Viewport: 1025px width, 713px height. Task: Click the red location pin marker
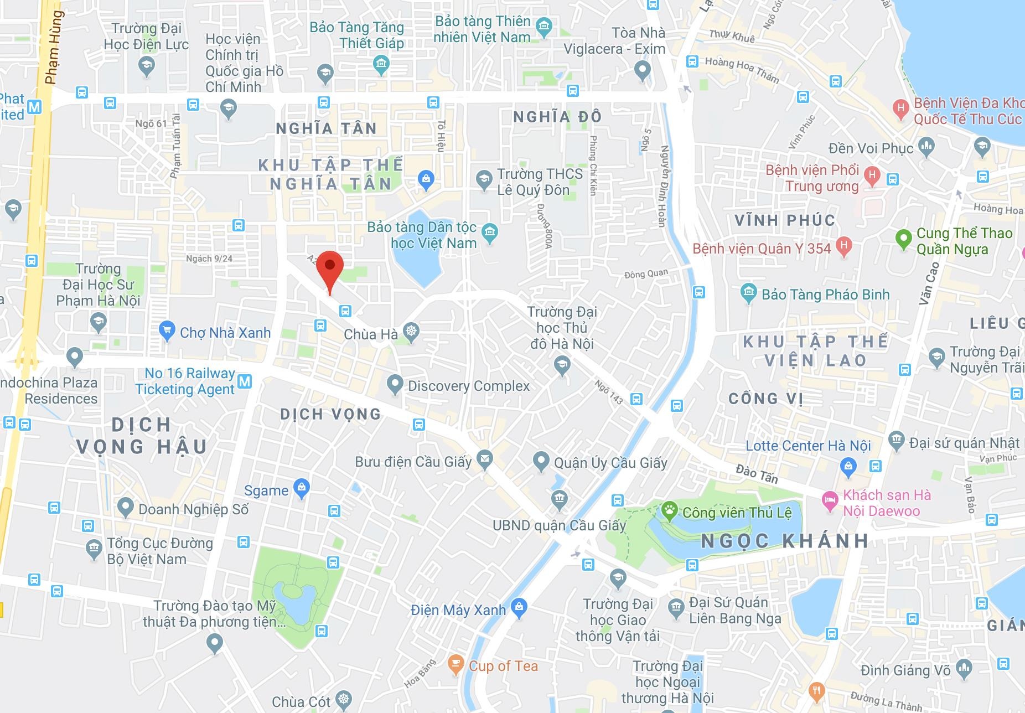(x=330, y=269)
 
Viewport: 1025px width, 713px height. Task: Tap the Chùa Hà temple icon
(x=411, y=333)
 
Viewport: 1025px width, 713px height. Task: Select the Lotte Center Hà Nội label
(x=808, y=446)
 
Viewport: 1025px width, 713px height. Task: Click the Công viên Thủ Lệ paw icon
(x=669, y=511)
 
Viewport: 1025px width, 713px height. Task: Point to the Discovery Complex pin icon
(x=395, y=384)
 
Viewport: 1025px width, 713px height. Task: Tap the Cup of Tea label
(x=503, y=666)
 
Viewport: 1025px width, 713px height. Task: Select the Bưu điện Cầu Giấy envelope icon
(x=485, y=459)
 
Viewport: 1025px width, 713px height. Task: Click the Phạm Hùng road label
(x=54, y=48)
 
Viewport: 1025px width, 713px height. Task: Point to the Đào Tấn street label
(x=757, y=474)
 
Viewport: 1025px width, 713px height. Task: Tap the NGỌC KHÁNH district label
(x=784, y=541)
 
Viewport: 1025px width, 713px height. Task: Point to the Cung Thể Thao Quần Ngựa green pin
(x=903, y=239)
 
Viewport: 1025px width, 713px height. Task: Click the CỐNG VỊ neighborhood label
(x=765, y=399)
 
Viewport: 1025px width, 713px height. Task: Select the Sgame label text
(x=266, y=490)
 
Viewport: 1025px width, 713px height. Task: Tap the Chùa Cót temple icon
(x=344, y=700)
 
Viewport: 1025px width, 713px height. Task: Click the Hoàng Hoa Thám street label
(x=742, y=71)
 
